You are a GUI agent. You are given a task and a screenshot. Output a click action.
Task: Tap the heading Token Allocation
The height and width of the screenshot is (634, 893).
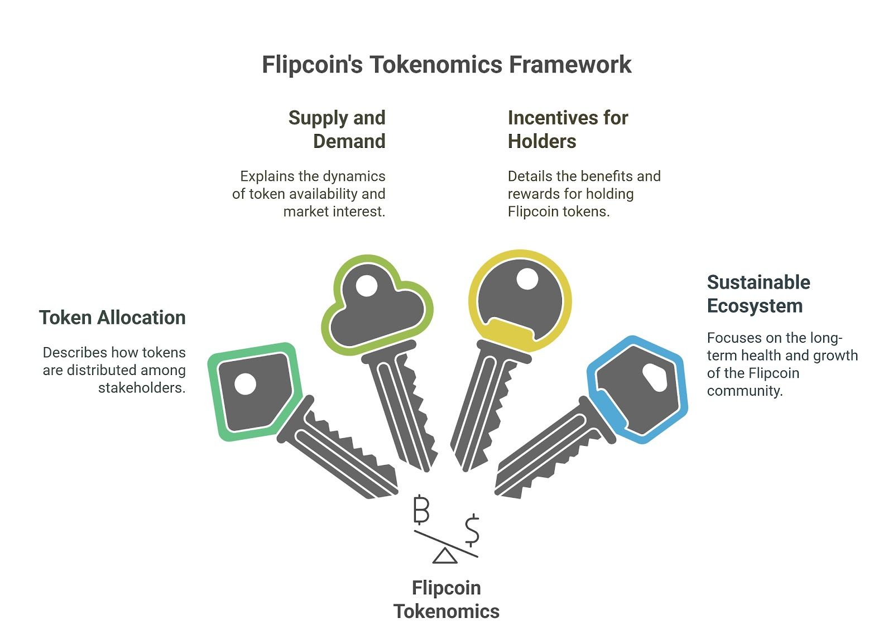[x=112, y=318]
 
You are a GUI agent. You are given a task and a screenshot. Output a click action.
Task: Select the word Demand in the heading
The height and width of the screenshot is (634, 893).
[x=349, y=141]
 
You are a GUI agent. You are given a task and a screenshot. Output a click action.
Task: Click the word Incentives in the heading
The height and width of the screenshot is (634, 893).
[x=550, y=118]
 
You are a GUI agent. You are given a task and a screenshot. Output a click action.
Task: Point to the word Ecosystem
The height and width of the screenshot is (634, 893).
[x=755, y=306]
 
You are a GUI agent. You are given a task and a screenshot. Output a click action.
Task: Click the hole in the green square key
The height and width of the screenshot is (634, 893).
[x=245, y=383]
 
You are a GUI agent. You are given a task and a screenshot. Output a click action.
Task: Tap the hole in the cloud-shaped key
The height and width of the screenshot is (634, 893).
[x=366, y=286]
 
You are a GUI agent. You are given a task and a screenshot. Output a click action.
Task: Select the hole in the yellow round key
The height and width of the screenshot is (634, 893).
[x=527, y=278]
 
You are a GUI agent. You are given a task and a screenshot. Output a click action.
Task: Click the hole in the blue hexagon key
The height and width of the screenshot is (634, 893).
[x=655, y=377]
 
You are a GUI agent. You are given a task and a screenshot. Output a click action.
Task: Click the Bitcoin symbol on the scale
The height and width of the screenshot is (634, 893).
[x=421, y=509]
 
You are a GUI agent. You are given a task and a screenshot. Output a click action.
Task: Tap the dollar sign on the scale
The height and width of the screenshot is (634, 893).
[x=472, y=530]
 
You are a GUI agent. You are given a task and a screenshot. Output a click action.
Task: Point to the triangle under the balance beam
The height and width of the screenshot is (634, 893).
[x=445, y=556]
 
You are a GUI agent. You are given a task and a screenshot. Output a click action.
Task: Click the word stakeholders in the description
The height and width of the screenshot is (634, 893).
[x=142, y=387]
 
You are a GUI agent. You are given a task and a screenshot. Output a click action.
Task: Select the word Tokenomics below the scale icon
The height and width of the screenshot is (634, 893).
[x=446, y=612]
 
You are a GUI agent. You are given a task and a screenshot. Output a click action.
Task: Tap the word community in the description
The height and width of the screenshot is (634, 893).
[x=745, y=391]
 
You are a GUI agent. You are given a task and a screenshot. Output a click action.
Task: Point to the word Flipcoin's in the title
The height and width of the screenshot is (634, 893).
[x=312, y=65]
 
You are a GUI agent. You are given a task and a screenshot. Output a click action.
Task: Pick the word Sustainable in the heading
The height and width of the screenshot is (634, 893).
[x=758, y=282]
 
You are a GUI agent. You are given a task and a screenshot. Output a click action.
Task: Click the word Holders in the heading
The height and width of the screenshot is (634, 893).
[x=542, y=141]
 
